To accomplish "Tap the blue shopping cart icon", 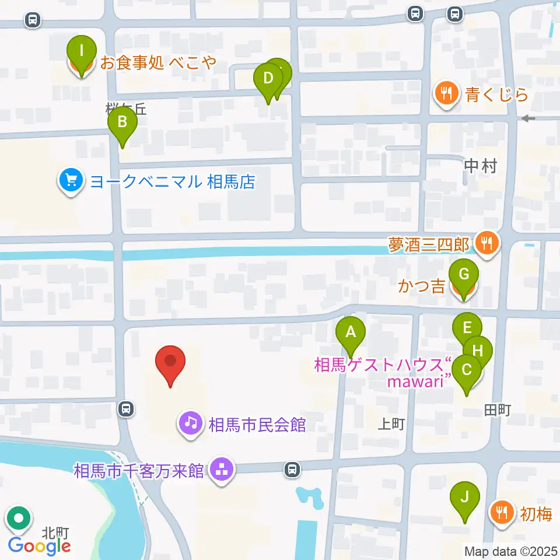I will (71, 182).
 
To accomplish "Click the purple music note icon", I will (190, 422).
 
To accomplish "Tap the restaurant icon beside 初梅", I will (501, 513).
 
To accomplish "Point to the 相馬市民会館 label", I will (257, 424).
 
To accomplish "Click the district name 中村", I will (481, 167).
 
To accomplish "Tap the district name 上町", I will (391, 424).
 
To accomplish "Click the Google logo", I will (39, 546).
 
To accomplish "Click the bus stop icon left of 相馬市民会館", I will (126, 409).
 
